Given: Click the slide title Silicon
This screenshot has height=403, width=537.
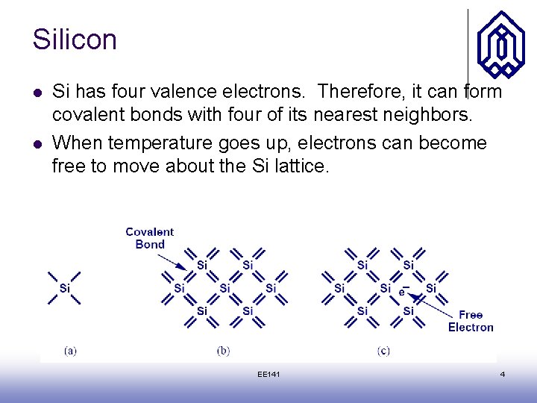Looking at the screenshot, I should (75, 40).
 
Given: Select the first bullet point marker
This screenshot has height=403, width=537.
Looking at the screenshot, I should (37, 93).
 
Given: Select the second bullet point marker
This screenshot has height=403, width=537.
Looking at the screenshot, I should (37, 143).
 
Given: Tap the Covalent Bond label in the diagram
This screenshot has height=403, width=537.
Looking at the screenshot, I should (150, 238).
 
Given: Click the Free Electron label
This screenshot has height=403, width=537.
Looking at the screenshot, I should (471, 321).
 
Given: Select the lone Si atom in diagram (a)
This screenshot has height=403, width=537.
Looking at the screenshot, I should (64, 288).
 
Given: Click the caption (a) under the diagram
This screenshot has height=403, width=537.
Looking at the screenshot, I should (70, 350).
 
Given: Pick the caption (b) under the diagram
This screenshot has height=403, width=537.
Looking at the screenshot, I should (223, 350).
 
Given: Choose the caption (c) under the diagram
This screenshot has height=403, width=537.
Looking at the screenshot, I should (383, 350).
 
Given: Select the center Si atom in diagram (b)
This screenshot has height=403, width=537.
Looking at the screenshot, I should (224, 288).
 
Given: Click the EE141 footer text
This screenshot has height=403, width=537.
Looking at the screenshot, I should (268, 374).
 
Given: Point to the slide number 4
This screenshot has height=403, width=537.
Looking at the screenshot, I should (502, 374).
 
